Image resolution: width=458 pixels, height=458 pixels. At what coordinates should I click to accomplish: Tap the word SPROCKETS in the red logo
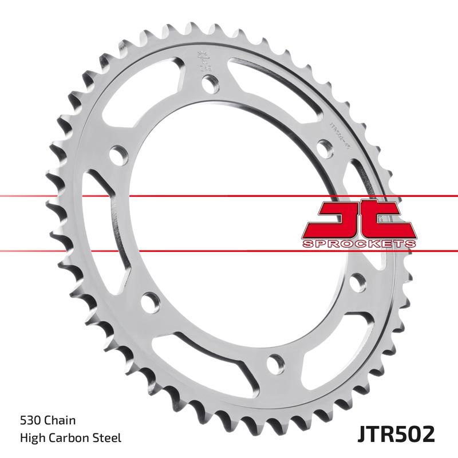pyautogui.click(x=358, y=244)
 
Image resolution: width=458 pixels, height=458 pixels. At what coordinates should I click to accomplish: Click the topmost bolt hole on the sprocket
pyautogui.click(x=210, y=84)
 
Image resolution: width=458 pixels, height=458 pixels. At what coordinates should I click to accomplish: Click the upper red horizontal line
pyautogui.click(x=229, y=196)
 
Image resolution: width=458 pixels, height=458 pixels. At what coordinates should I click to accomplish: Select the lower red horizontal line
pyautogui.click(x=229, y=251)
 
